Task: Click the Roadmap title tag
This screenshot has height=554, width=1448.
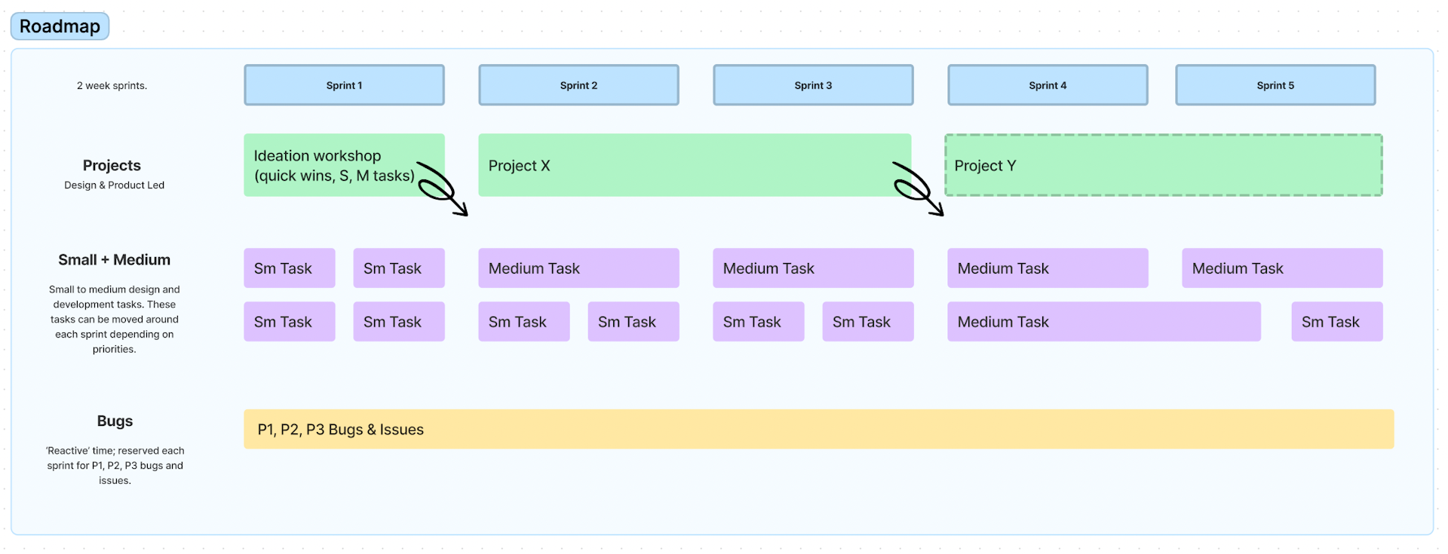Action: point(60,26)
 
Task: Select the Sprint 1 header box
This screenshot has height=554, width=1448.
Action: point(344,85)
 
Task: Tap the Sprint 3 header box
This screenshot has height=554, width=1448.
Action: point(813,85)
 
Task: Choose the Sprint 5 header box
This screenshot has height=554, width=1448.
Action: point(1275,85)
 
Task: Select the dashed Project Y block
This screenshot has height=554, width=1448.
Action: point(1163,166)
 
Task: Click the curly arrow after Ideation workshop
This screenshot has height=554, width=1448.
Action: point(443,189)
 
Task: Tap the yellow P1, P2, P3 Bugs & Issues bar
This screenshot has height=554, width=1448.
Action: point(818,430)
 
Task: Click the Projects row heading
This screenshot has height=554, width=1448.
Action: point(112,166)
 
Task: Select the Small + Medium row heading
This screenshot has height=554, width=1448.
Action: point(115,260)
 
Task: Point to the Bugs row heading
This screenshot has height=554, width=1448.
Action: point(115,421)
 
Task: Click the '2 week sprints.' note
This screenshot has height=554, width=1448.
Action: point(112,86)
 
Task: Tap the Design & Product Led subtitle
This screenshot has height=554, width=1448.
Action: point(114,185)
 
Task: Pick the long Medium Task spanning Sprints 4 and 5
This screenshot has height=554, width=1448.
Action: point(1103,322)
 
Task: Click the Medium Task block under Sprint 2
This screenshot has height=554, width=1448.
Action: point(578,268)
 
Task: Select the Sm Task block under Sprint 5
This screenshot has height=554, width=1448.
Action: point(1336,322)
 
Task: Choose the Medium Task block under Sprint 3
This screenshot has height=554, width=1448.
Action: point(813,268)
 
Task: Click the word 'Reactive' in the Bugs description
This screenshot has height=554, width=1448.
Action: point(68,451)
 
